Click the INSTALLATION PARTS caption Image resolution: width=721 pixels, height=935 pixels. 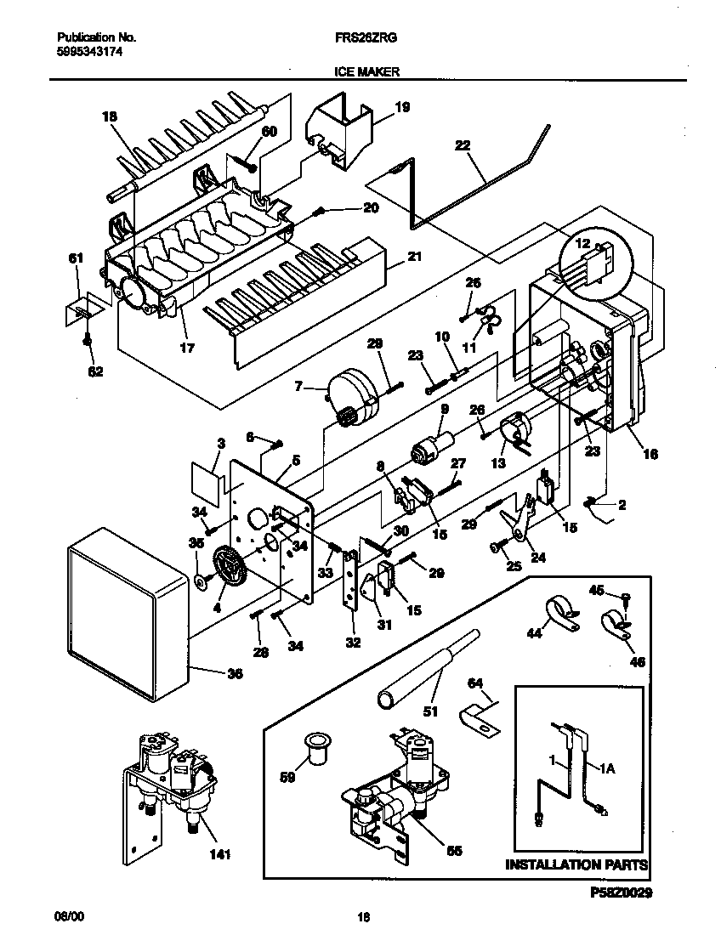coord(577,865)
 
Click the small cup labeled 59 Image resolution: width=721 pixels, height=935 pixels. coord(319,748)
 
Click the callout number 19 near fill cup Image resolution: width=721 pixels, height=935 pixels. coord(402,107)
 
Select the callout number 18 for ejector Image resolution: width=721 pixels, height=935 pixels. coord(110,116)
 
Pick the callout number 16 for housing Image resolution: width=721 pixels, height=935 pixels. coord(650,454)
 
